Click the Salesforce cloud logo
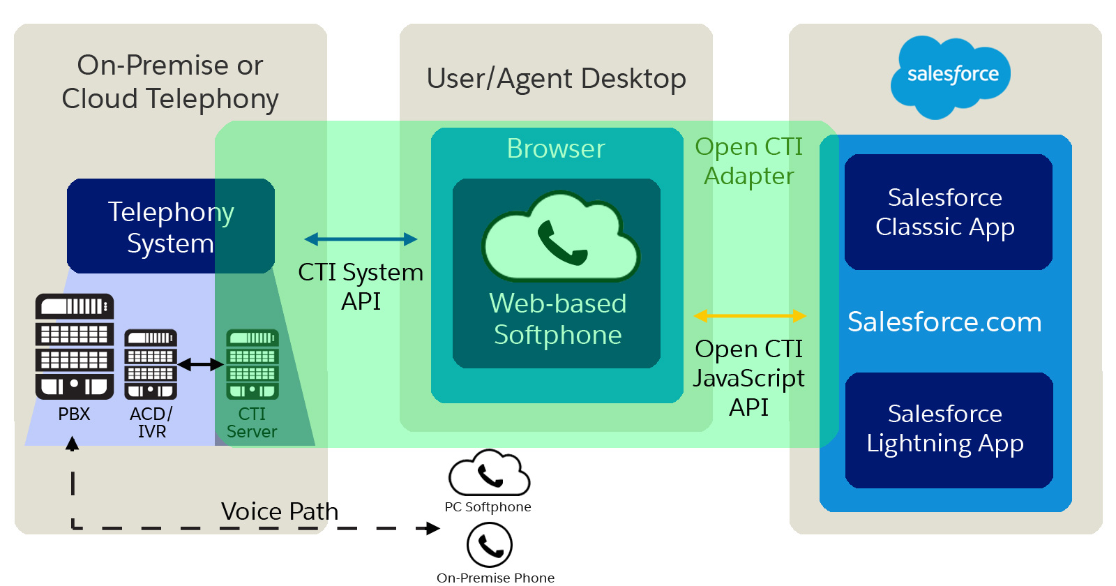pos(951,75)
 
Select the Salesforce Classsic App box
pos(947,212)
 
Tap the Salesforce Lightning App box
pos(947,429)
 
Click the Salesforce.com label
pos(944,322)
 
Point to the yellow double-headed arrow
pos(750,316)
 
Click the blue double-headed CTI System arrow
pos(361,239)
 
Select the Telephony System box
pos(171,226)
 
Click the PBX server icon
pos(75,347)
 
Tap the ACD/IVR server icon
pos(151,364)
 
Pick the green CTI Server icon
pos(252,364)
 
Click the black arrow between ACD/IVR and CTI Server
pos(201,364)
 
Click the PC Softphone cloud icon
pos(489,474)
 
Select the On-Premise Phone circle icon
pos(490,546)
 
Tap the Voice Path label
pos(279,511)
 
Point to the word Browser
pos(556,149)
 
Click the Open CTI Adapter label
pos(748,161)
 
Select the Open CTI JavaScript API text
pos(748,377)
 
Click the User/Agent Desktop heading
pos(556,78)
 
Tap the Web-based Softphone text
pos(557,319)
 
